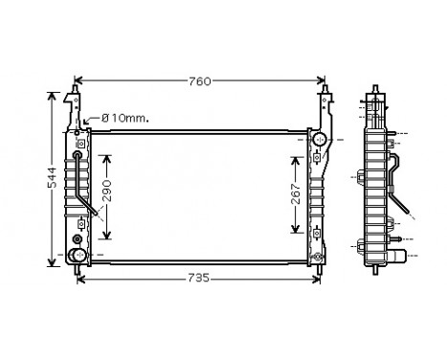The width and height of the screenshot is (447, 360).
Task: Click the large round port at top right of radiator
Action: tap(321, 141)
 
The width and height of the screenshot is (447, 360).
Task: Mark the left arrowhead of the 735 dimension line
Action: tap(80, 279)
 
